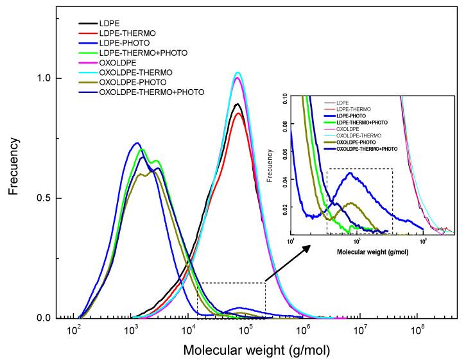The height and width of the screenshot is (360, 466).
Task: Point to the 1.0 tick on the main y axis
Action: click(42, 78)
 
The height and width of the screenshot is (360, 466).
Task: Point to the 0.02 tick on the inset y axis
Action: click(282, 207)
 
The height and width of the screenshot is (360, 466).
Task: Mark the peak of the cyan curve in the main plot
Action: click(238, 73)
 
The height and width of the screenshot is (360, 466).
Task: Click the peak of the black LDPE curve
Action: click(238, 104)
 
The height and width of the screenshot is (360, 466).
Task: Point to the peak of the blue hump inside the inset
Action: click(350, 173)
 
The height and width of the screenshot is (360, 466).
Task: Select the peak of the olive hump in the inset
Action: click(350, 203)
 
